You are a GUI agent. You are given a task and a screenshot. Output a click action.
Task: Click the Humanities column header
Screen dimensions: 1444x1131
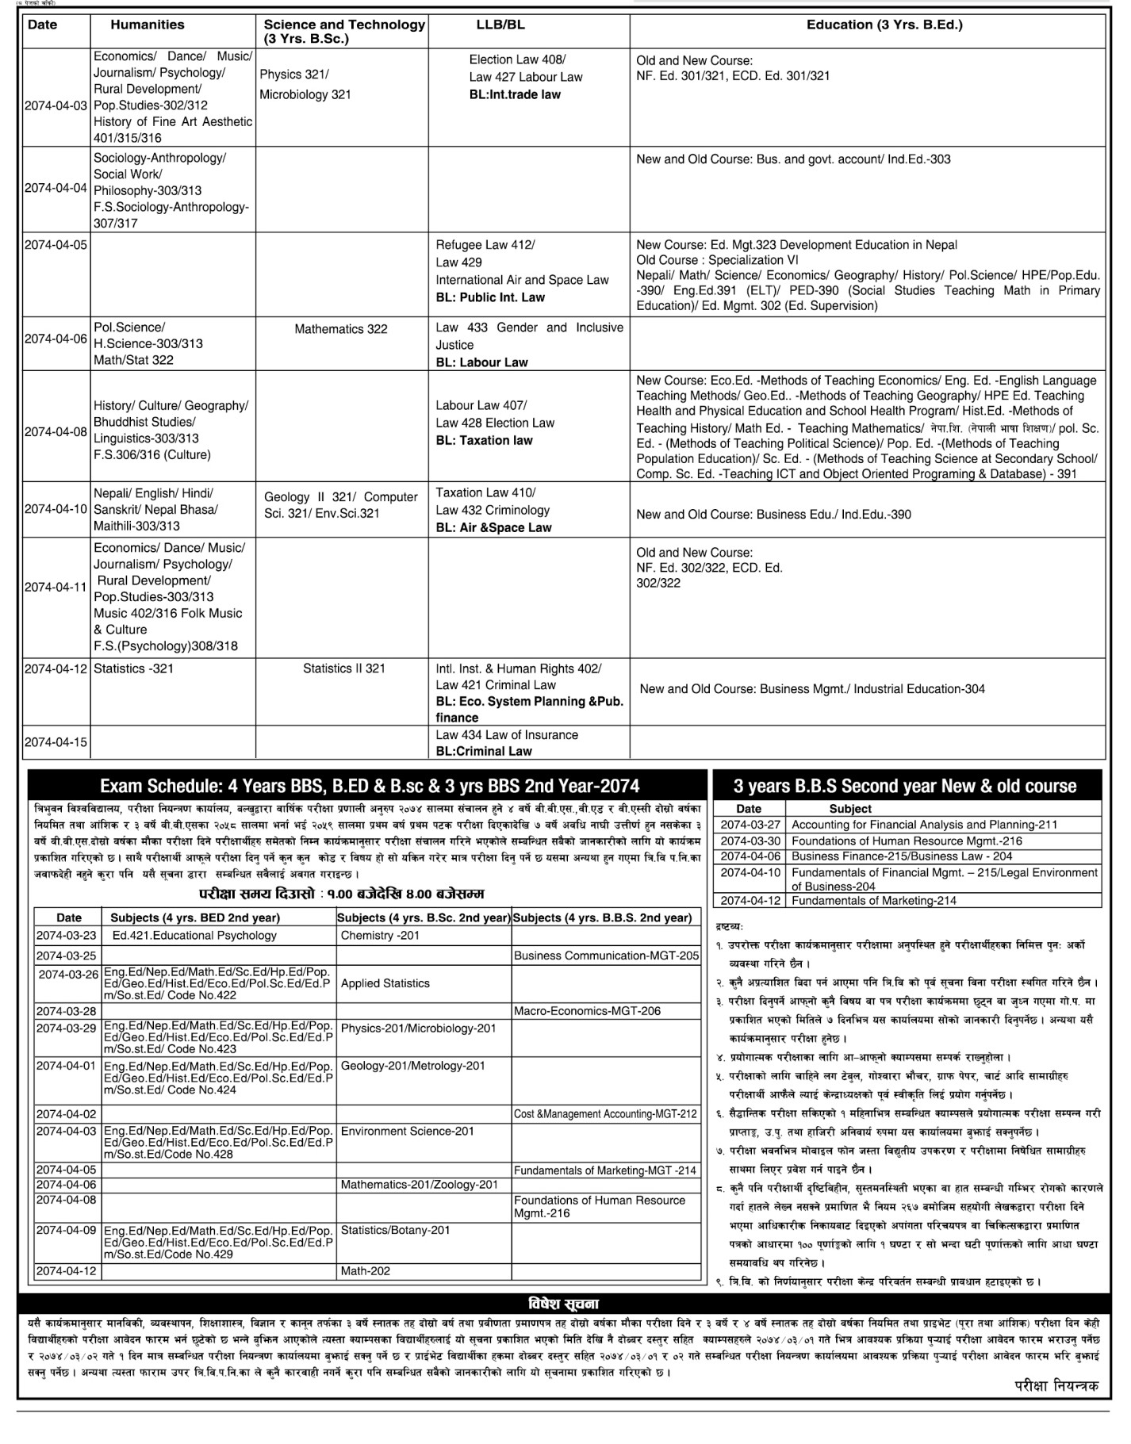point(147,25)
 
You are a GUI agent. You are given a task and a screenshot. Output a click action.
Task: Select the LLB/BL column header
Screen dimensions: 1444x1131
point(500,25)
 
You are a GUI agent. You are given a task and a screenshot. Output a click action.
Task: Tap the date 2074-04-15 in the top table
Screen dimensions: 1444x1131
point(56,742)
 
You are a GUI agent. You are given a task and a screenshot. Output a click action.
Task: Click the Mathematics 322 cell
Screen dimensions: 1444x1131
point(341,329)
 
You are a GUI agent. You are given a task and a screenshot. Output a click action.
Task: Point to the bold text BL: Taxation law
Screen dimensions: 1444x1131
point(484,440)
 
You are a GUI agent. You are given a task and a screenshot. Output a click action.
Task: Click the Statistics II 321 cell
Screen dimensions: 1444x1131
point(343,668)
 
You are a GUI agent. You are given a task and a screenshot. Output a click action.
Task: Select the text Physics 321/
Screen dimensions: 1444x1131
point(293,75)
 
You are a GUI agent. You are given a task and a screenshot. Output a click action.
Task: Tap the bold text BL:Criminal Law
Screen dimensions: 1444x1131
point(484,751)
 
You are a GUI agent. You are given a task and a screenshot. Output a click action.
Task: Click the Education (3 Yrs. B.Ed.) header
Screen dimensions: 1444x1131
point(884,25)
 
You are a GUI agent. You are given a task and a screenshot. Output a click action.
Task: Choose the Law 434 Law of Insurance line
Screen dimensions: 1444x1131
point(507,735)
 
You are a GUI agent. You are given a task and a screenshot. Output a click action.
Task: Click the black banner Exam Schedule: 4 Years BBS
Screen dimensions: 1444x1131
point(369,786)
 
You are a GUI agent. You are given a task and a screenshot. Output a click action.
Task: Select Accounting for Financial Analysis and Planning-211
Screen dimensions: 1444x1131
point(925,825)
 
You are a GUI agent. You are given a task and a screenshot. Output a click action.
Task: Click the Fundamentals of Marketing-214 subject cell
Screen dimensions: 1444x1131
point(874,900)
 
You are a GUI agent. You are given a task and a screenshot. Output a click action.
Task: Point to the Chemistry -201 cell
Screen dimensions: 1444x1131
point(380,935)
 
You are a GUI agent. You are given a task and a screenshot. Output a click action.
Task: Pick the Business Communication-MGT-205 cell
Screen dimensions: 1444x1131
point(606,956)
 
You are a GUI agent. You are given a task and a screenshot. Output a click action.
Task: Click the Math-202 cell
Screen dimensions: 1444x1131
point(366,1270)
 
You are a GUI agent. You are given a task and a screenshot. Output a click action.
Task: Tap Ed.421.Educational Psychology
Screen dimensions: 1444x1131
point(194,935)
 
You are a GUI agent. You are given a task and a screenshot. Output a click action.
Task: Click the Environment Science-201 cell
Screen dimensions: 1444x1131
point(407,1131)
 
